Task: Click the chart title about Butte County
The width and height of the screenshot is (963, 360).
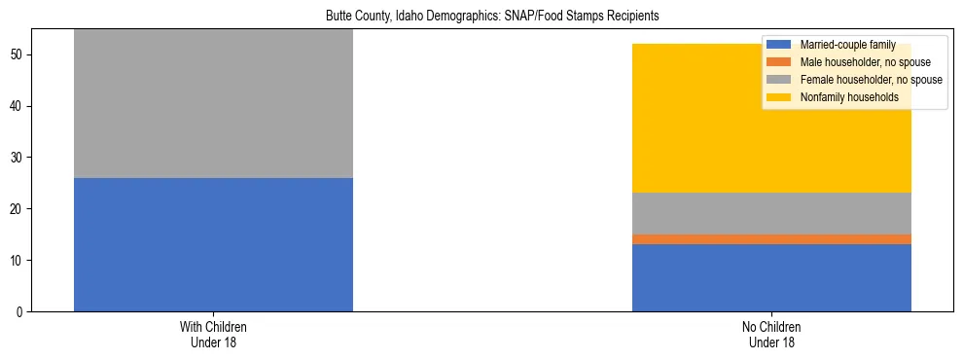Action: point(481,16)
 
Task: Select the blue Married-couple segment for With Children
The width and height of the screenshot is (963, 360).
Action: point(213,244)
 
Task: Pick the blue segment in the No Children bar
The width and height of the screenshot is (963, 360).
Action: point(771,277)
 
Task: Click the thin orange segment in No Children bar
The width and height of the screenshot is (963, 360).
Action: point(771,239)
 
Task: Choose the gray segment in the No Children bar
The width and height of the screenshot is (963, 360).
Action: point(771,213)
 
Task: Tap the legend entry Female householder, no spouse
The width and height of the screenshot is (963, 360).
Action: point(871,80)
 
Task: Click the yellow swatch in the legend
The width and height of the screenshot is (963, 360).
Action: point(779,97)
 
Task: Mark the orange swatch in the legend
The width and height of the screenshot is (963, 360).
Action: point(779,62)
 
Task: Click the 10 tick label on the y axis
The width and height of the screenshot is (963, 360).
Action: point(18,261)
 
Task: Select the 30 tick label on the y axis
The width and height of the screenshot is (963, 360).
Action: point(18,158)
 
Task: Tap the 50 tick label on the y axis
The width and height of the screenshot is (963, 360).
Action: point(18,54)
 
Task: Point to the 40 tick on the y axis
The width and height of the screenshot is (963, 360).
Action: point(18,106)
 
